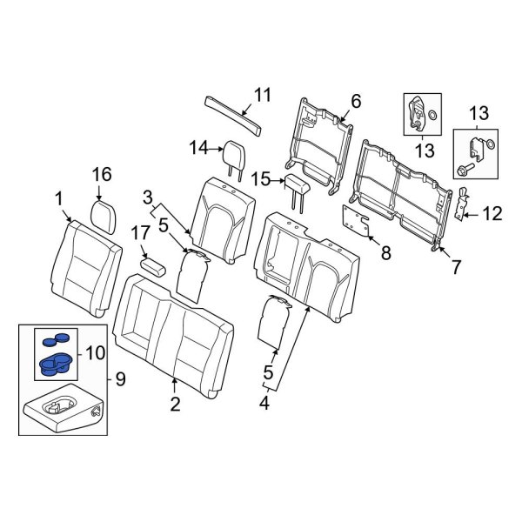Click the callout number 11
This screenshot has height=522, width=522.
click(x=263, y=96)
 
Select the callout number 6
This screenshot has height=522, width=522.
click(x=355, y=102)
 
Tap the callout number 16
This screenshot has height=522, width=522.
click(x=102, y=176)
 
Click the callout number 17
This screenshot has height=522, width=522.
click(x=139, y=232)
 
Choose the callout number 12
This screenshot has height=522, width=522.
click(x=493, y=211)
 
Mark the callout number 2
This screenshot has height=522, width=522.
click(x=175, y=403)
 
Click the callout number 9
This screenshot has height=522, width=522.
click(x=119, y=379)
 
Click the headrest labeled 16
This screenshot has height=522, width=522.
click(x=104, y=211)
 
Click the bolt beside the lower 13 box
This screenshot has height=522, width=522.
click(x=465, y=172)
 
